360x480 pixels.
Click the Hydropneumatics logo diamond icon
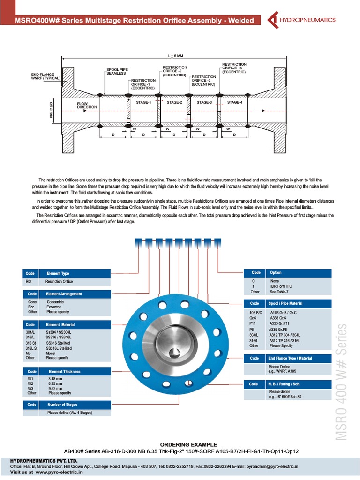click(272, 20)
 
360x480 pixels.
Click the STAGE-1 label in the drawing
click(143, 102)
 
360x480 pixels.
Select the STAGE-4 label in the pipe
click(234, 102)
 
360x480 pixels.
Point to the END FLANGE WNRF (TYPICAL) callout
click(43, 76)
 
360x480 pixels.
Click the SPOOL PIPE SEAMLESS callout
click(116, 72)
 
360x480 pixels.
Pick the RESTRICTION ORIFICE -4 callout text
click(234, 68)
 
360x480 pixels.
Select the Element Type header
click(58, 273)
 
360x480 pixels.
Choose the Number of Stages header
click(62, 405)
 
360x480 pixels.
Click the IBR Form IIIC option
click(281, 286)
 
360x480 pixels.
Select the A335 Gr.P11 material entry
click(281, 323)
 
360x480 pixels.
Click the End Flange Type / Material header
click(290, 358)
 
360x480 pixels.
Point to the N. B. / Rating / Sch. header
click(287, 384)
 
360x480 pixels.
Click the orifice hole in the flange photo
click(174, 352)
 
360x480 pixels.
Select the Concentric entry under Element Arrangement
click(55, 302)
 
